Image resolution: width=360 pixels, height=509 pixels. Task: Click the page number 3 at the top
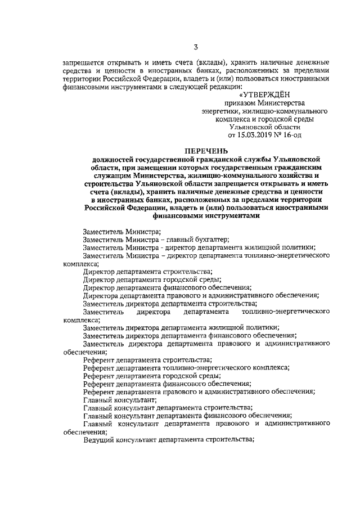pos(195,47)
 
